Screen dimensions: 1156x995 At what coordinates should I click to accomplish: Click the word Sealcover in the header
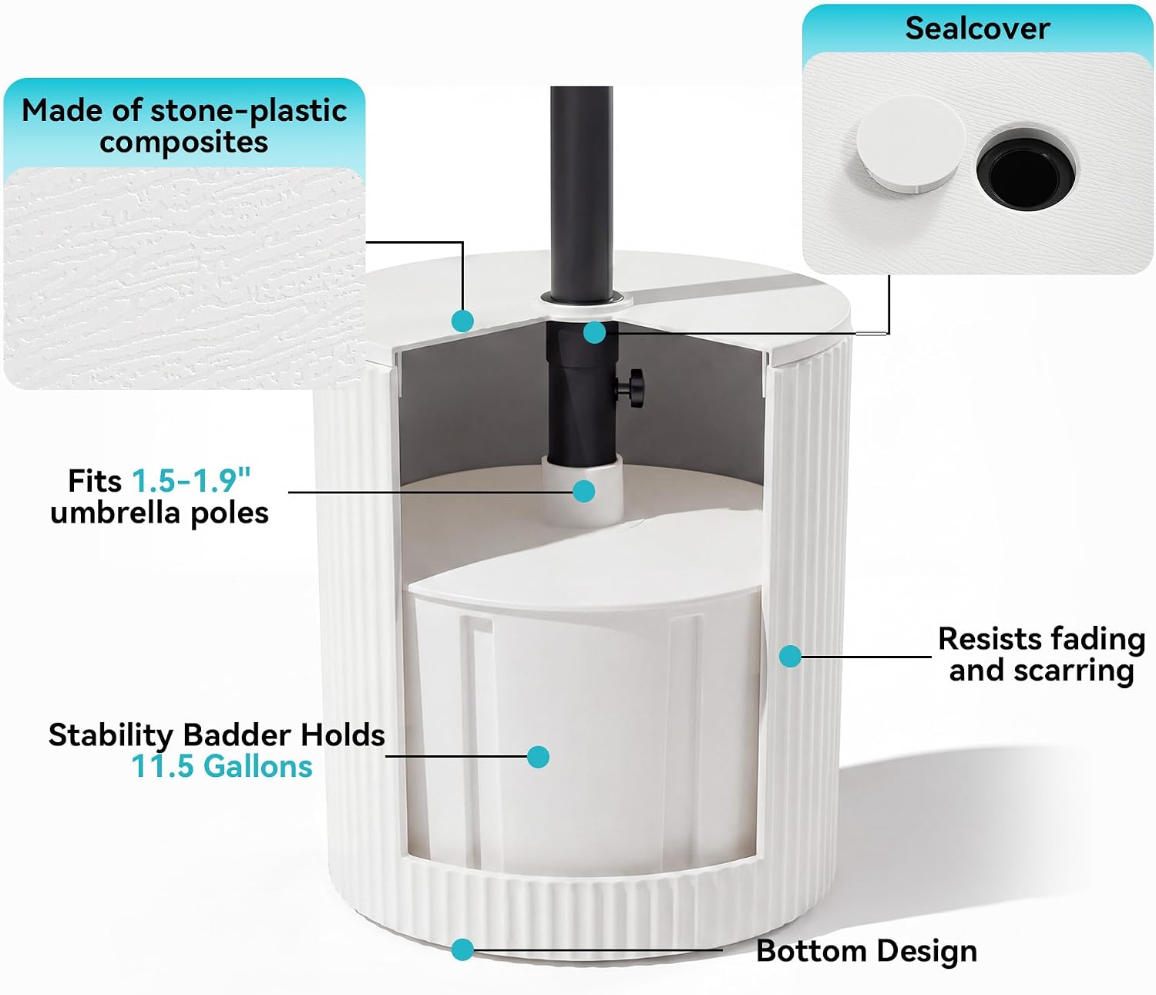[x=977, y=29]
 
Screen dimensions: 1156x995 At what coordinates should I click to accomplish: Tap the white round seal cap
[x=910, y=144]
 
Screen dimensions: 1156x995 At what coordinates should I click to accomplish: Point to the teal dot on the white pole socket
[x=584, y=491]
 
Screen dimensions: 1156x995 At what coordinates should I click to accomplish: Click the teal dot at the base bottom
[x=462, y=950]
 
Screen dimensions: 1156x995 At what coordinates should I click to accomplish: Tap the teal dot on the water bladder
[x=538, y=757]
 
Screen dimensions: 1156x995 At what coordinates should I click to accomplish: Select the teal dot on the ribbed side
[x=790, y=656]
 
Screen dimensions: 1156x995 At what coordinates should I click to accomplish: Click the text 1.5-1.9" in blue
[x=191, y=480]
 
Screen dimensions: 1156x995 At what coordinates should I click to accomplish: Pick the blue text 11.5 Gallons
[x=222, y=766]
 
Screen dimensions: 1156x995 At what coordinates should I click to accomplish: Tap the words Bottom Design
[x=866, y=951]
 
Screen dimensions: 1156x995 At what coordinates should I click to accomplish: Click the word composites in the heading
[x=184, y=143]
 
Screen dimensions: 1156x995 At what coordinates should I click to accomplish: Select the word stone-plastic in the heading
[x=249, y=111]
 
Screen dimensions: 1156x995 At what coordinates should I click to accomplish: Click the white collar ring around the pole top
[x=586, y=303]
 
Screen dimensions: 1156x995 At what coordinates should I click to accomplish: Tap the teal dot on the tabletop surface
[x=462, y=321]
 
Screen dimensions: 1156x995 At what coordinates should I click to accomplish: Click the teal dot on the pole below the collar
[x=594, y=332]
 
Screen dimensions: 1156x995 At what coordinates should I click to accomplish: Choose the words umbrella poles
[x=160, y=513]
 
